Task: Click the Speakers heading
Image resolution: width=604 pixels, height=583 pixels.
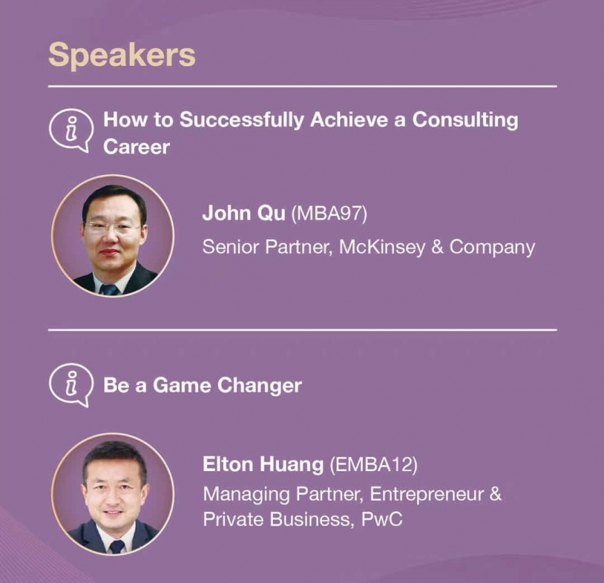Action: tap(121, 56)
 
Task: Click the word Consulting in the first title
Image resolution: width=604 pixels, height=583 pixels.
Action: tap(465, 121)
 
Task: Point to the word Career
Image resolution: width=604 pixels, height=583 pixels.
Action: tap(136, 147)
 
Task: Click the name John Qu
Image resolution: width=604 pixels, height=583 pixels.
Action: tap(244, 213)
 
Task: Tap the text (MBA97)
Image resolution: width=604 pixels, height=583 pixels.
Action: tap(329, 213)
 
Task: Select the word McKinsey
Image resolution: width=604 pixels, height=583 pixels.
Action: tap(382, 247)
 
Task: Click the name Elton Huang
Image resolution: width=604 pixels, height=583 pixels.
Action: tap(263, 464)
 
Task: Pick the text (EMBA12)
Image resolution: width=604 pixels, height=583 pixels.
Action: tap(374, 464)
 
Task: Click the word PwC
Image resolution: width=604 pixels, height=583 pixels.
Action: tap(382, 519)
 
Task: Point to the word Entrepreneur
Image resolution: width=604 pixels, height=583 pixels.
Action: tap(427, 495)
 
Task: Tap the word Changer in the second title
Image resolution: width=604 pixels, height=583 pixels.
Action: tap(260, 386)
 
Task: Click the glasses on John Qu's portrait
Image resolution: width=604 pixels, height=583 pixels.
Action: tap(112, 226)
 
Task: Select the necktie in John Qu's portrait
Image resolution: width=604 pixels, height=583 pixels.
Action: tap(109, 290)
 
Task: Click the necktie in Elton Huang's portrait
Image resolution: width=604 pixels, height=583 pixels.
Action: tap(117, 546)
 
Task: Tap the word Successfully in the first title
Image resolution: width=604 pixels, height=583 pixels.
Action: tap(242, 121)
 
